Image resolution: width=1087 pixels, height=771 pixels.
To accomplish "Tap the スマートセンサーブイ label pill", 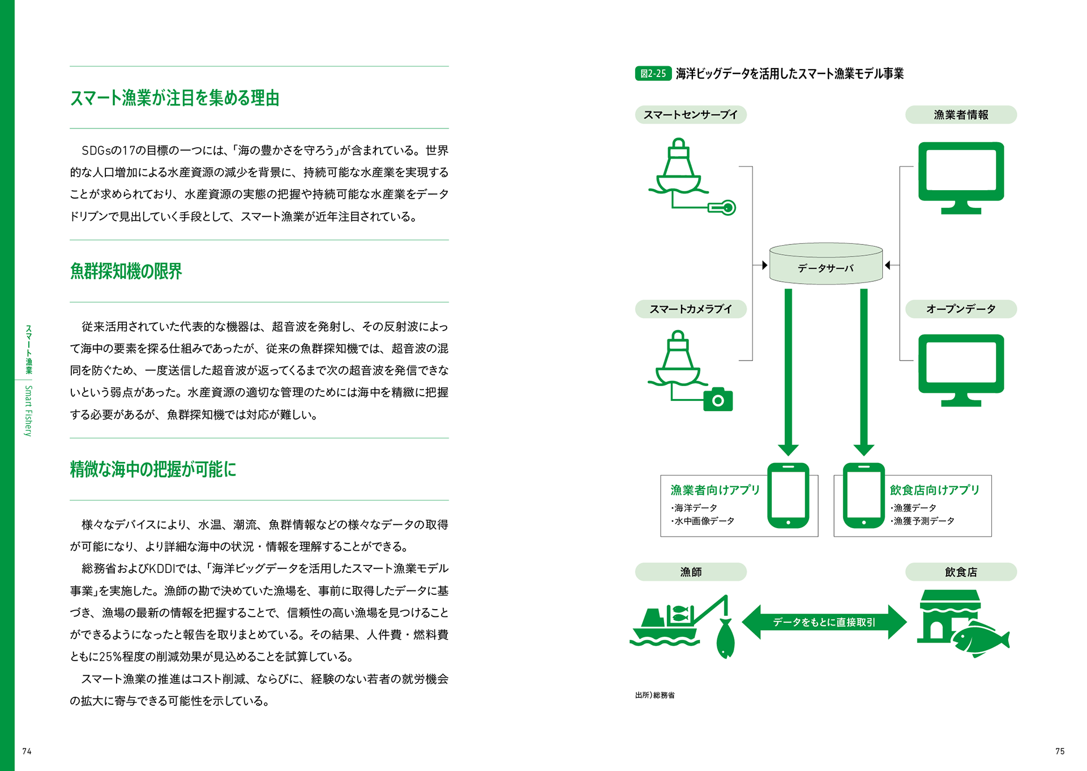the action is pos(690,115).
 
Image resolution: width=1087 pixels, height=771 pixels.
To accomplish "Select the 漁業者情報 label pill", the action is pos(960,115).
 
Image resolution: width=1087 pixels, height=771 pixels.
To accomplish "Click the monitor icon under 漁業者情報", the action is pos(960,177).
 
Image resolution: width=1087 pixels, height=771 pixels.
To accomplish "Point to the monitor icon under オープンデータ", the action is pos(960,369).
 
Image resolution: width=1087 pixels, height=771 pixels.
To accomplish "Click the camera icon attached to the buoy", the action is pos(718,400).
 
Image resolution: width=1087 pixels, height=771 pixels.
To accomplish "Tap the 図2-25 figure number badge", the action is pos(653,74).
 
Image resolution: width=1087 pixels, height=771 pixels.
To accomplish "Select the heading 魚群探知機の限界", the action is pos(126,271).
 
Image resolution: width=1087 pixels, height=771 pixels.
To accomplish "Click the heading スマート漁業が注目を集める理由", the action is pos(174,98).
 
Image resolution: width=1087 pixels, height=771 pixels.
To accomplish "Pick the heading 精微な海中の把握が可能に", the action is pos(153,469).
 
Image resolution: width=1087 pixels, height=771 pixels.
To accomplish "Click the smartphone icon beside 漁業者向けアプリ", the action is pos(788,495).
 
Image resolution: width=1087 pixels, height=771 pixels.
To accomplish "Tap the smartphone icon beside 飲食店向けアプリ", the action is pos(863,495).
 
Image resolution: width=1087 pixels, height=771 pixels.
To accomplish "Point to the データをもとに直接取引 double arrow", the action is pos(824,622).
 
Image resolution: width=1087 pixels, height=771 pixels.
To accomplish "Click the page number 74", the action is pos(27,751).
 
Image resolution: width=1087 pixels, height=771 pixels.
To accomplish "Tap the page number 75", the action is pos(1060,751).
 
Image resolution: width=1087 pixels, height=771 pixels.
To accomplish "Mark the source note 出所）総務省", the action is pos(654,695).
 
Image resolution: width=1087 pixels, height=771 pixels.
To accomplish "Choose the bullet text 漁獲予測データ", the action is pos(923,521).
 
